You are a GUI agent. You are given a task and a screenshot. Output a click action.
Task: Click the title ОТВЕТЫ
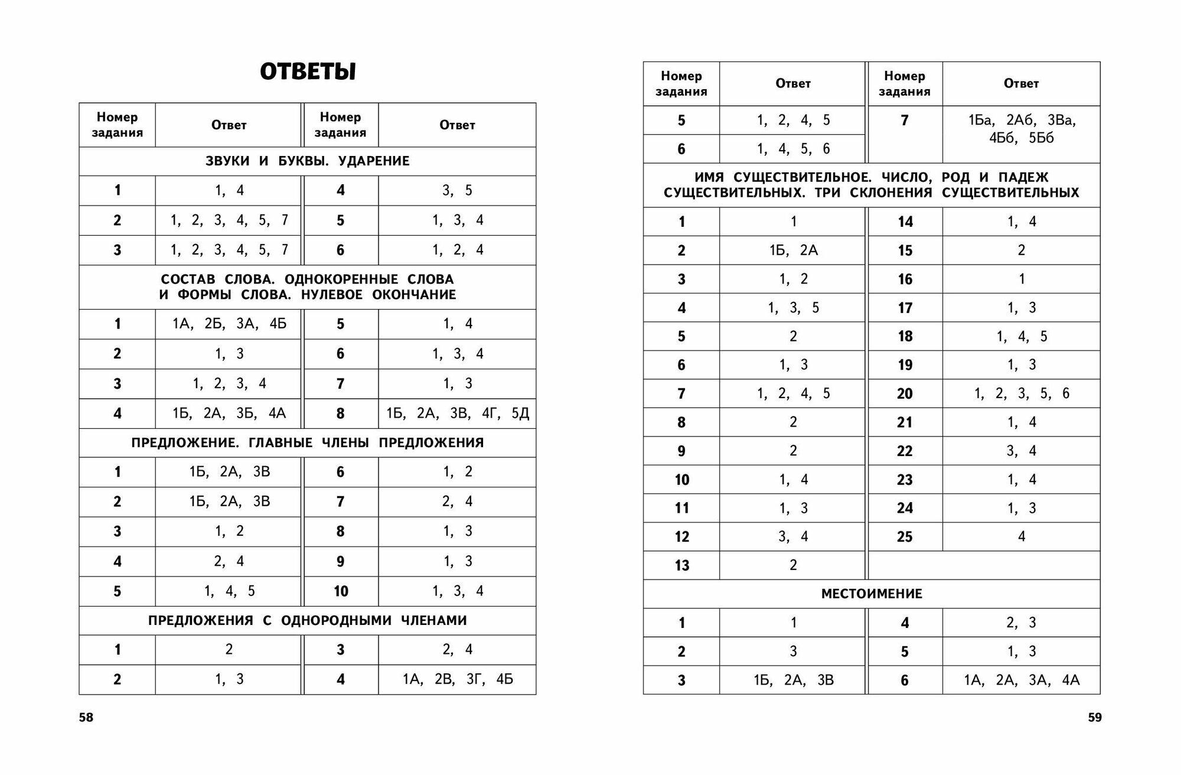point(308,72)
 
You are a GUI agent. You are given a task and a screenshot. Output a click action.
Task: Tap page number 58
point(86,718)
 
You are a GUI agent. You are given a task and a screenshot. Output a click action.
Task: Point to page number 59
point(1094,718)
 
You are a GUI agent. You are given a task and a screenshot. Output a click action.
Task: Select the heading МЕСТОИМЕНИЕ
point(872,594)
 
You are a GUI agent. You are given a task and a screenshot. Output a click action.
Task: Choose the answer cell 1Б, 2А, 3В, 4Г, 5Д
point(458,413)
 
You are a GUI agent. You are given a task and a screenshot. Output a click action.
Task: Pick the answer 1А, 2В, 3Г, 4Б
point(458,679)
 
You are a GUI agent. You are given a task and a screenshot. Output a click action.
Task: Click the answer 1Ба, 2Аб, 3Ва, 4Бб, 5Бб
point(1022,129)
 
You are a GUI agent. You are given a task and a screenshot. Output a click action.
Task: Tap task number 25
point(905,537)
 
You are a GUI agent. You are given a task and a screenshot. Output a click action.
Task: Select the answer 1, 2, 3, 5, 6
point(1022,393)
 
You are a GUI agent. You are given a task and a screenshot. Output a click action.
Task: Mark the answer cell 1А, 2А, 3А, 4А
point(1022,680)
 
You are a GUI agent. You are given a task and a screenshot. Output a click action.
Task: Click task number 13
point(681,566)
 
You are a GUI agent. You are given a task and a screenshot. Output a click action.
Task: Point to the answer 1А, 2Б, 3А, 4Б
point(229,324)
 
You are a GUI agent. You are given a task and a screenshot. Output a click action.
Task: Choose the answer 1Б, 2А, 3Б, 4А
point(229,413)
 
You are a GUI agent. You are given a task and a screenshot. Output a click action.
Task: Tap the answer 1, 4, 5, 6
point(793,149)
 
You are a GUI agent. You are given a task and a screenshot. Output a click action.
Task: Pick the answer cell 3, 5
point(458,191)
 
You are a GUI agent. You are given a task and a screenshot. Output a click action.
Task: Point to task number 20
point(905,393)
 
